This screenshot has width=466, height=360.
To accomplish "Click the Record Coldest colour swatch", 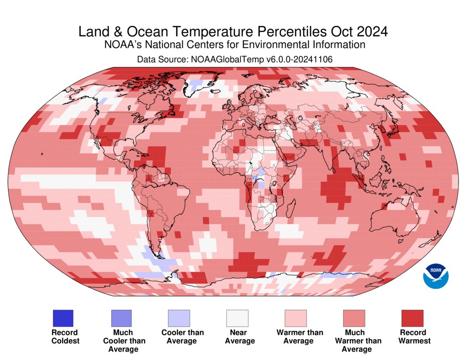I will pos(62,318).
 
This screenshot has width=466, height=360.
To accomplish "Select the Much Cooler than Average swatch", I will pos(121,318).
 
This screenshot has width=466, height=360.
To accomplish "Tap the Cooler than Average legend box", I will pos(179,318).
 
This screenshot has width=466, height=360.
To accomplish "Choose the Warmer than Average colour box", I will pos(295,318).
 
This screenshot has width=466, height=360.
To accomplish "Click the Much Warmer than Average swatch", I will pos(354,318).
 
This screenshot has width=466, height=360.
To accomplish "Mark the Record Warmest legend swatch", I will pos(412,318).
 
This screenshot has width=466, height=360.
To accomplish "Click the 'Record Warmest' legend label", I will pos(414,336).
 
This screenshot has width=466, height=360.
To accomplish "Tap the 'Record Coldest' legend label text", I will pos(64,336).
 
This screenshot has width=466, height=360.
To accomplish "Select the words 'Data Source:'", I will pos(161,59).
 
